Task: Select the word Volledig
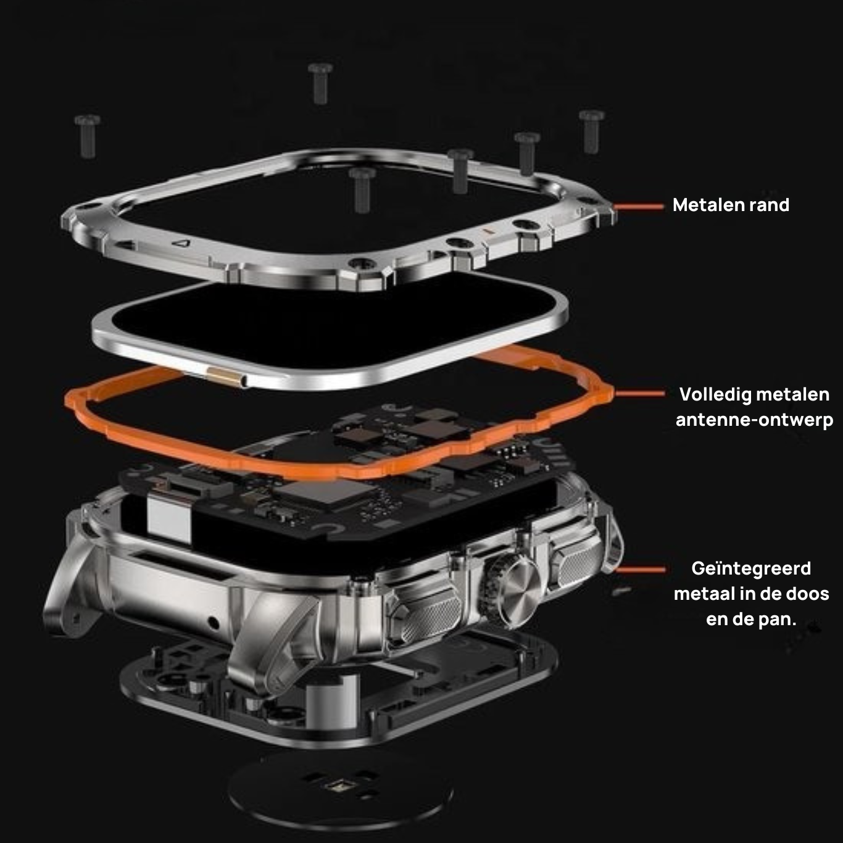coord(707,395)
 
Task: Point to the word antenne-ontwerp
coord(754,420)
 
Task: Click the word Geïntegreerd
coord(751,569)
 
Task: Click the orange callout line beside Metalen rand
coord(639,207)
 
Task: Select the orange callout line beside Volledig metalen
coord(640,394)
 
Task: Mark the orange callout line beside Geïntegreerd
coord(640,570)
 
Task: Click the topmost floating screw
coord(320,83)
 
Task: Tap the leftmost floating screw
coord(88,136)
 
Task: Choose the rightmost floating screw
coord(591,131)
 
